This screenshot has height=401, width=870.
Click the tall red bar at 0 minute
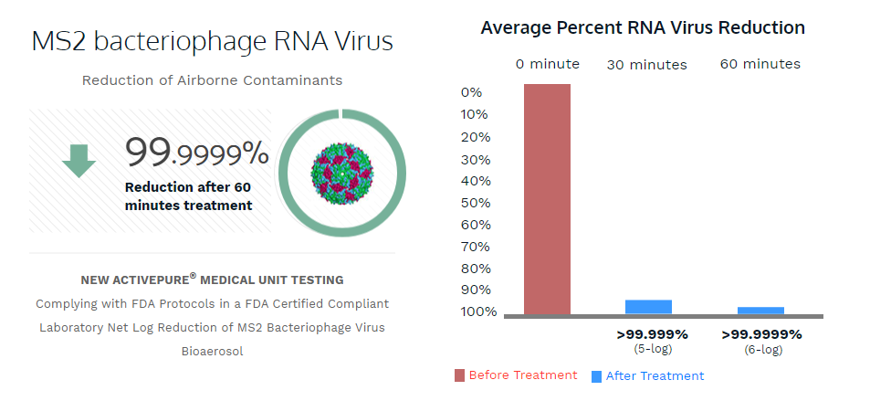[547, 198]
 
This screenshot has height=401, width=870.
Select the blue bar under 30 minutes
[648, 307]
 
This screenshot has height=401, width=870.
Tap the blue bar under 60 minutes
[760, 311]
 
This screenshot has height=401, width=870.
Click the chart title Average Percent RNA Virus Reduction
[643, 28]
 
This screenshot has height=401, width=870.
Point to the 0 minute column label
[547, 64]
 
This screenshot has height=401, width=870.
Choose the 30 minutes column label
[647, 65]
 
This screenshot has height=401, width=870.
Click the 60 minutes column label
[760, 64]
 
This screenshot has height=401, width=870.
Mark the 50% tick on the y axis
[476, 203]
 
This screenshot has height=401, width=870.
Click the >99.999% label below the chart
[652, 334]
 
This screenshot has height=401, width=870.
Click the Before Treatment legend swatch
[459, 375]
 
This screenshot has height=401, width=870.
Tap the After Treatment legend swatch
[596, 375]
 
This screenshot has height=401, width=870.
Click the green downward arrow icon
[79, 161]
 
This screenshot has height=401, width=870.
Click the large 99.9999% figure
[197, 153]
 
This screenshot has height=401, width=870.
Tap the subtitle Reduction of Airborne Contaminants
[213, 80]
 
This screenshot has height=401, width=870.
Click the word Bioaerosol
[212, 351]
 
